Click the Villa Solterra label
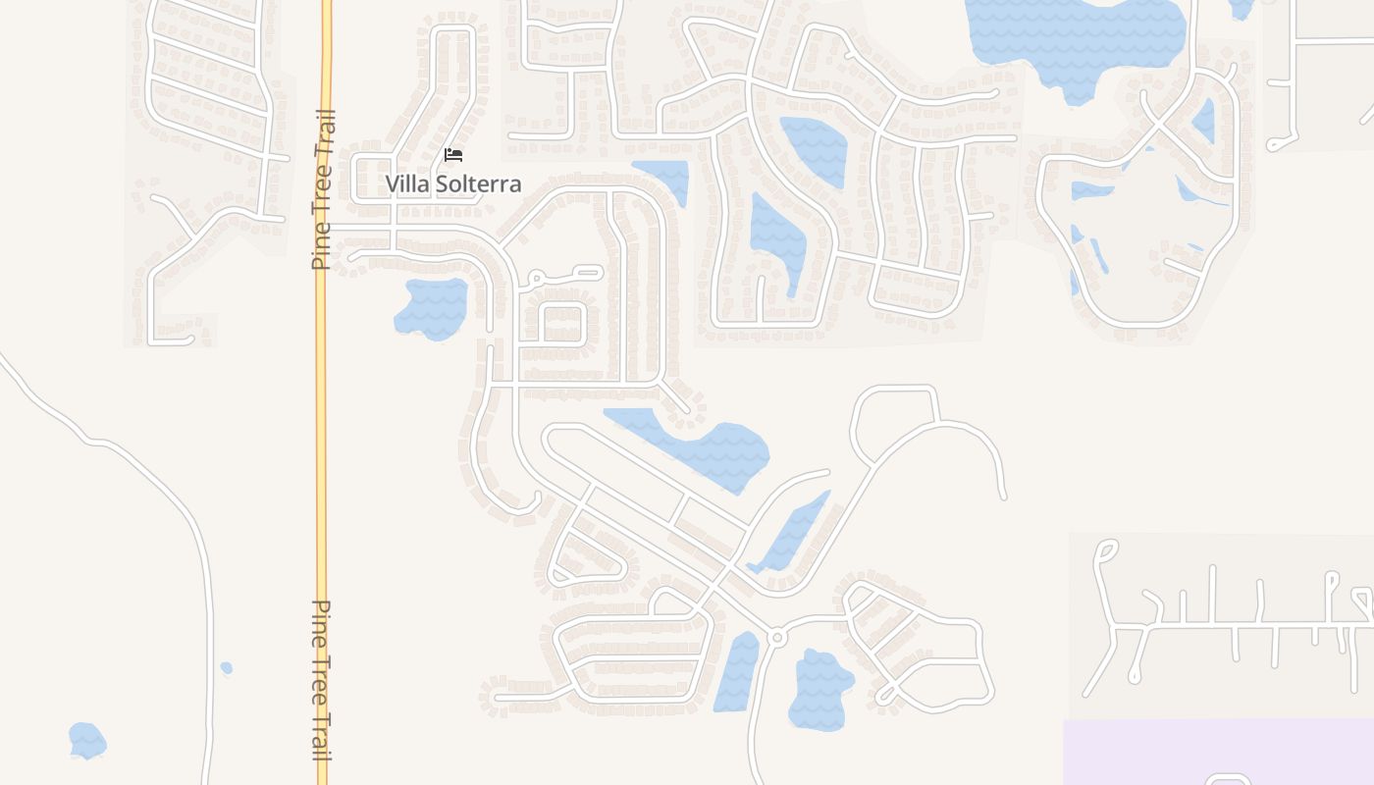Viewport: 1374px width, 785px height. (452, 183)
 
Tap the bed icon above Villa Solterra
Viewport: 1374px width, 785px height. (452, 155)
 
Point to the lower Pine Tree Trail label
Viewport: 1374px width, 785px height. (322, 679)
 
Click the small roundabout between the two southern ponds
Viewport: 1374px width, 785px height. (777, 638)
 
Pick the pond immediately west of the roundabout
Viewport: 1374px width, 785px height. (736, 673)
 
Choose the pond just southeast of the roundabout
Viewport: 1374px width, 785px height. (819, 690)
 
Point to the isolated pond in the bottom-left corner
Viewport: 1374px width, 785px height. (86, 740)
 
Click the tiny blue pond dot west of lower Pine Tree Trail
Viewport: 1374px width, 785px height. (227, 668)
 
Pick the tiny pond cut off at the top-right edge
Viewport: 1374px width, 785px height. (1242, 8)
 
